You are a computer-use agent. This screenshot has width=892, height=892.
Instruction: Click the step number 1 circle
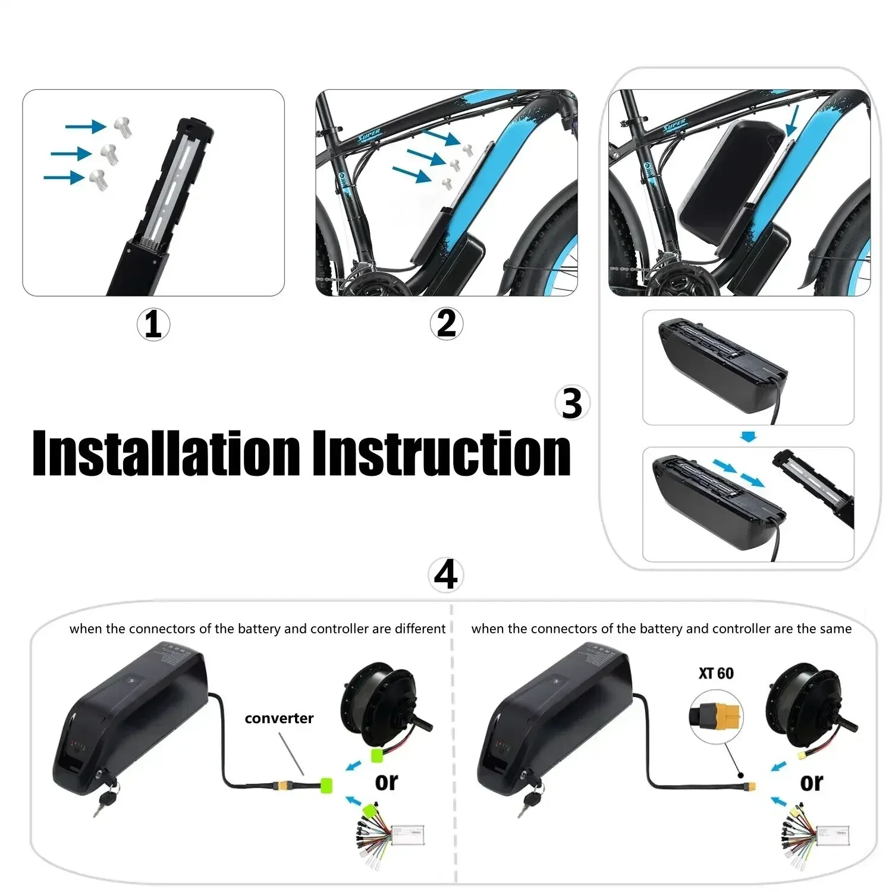[x=153, y=325]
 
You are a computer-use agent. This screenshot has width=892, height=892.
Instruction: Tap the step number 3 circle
[x=571, y=404]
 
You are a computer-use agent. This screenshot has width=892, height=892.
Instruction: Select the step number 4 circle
[x=445, y=575]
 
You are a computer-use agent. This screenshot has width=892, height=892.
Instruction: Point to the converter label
[x=279, y=718]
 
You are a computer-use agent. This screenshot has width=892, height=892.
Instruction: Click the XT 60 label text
[x=716, y=673]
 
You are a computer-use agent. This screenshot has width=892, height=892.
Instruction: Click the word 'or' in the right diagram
[x=811, y=782]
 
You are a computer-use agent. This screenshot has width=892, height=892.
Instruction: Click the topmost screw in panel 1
[x=123, y=127]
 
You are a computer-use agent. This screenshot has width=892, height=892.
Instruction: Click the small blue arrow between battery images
[x=749, y=437]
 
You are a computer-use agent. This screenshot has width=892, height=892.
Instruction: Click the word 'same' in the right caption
[x=836, y=629]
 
